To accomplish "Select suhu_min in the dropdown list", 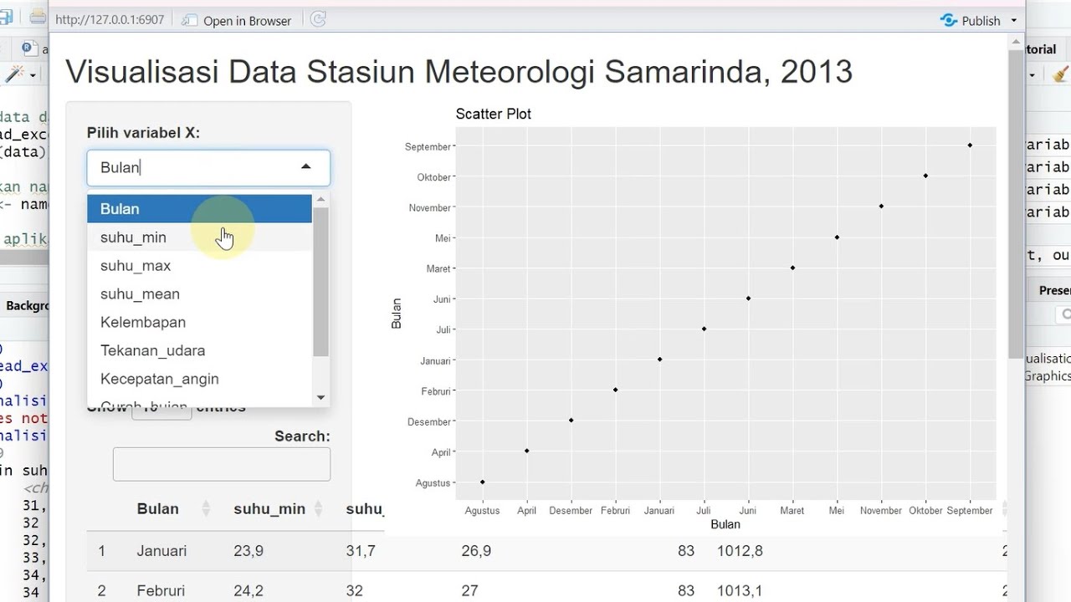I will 133,237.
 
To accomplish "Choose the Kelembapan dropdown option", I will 143,322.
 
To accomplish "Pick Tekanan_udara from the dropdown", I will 152,350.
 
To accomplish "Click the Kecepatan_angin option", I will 159,379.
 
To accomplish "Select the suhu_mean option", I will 140,293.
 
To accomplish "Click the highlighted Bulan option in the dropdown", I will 120,209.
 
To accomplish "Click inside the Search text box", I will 221,464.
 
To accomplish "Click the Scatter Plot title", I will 493,114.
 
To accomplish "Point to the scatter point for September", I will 970,145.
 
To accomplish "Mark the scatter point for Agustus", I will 483,482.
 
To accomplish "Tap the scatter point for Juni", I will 748,298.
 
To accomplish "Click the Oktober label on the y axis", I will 433,177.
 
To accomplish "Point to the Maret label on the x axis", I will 792,510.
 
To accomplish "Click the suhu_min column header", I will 269,508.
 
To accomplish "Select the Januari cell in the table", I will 161,551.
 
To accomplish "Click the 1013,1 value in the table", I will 739,590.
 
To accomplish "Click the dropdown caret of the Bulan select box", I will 305,167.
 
